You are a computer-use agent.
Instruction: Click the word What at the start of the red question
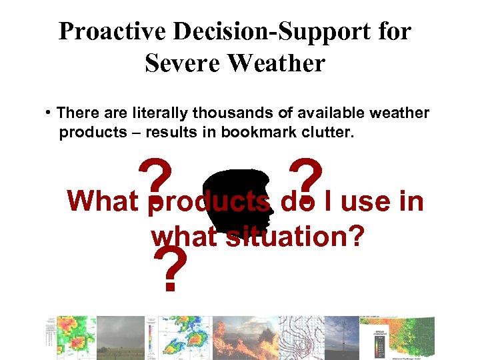point(103,201)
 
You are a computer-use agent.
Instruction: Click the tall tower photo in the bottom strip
point(339,337)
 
